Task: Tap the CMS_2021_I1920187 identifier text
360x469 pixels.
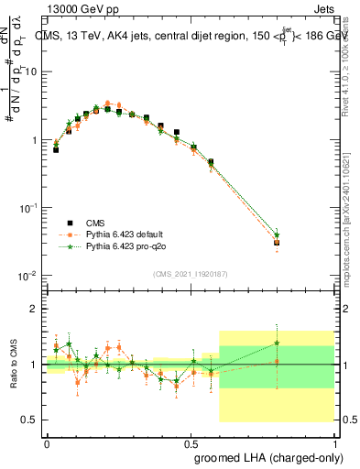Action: tap(193, 274)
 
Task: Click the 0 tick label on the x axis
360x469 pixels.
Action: tap(47, 442)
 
